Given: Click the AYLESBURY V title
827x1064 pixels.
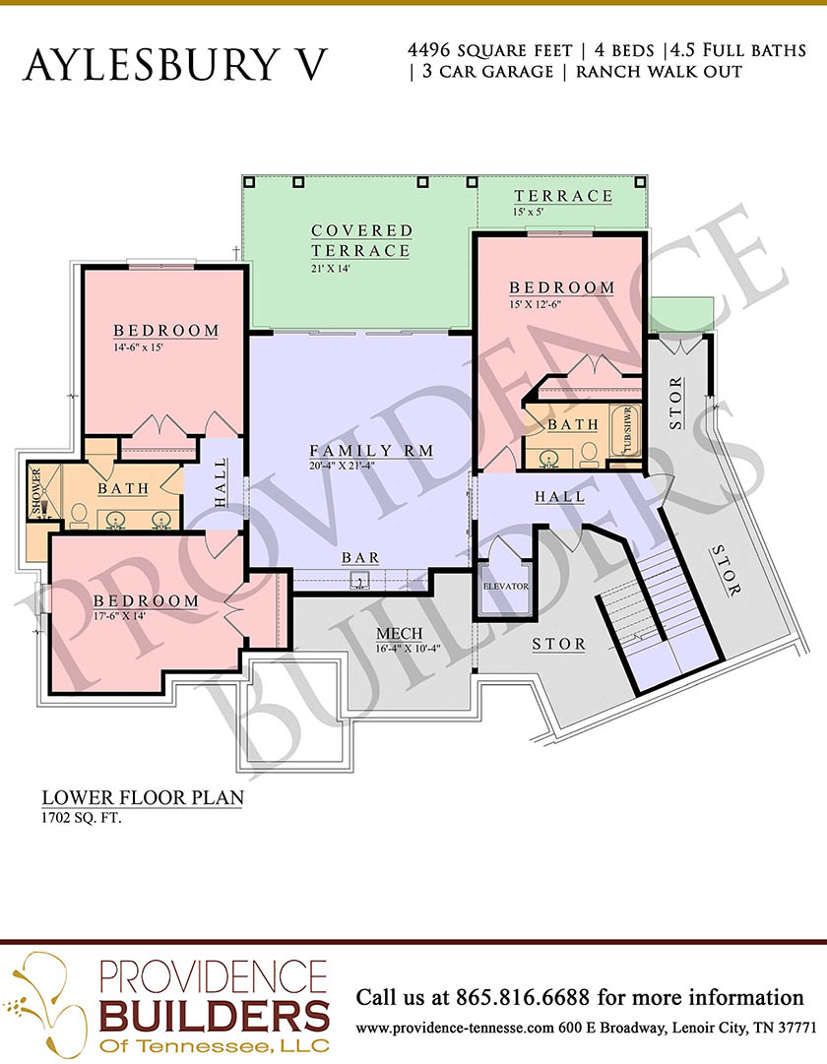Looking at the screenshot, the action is pyautogui.click(x=175, y=65).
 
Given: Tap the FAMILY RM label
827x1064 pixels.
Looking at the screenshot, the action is pyautogui.click(x=371, y=450).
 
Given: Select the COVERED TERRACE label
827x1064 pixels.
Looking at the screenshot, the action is pyautogui.click(x=361, y=240).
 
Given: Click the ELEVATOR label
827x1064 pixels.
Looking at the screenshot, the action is pyautogui.click(x=505, y=586).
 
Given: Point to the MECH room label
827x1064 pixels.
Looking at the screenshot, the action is pyautogui.click(x=400, y=633).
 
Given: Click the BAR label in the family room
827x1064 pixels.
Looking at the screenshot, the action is pyautogui.click(x=360, y=557).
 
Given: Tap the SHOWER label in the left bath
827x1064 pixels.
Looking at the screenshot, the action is pyautogui.click(x=36, y=490).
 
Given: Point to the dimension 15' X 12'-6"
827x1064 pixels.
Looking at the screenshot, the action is pyautogui.click(x=535, y=304).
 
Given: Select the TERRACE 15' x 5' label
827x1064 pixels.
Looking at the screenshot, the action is pyautogui.click(x=563, y=202).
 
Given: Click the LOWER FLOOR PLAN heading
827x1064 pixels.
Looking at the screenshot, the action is pyautogui.click(x=143, y=797).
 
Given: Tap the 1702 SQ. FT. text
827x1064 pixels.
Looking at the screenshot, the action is pyautogui.click(x=82, y=818).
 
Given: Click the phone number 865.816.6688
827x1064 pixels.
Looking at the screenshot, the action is pyautogui.click(x=523, y=997).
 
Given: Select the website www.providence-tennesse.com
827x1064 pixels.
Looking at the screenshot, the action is pyautogui.click(x=455, y=1028).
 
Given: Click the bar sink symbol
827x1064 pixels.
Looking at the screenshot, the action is pyautogui.click(x=359, y=580).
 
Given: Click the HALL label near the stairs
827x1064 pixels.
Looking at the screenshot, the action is pyautogui.click(x=559, y=497).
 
